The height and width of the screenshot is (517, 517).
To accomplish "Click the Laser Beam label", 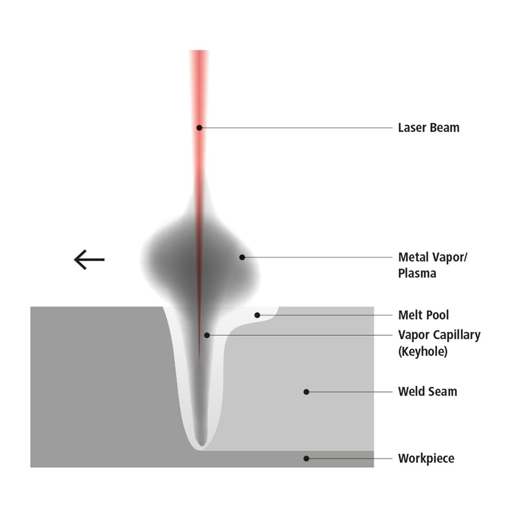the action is (428, 127).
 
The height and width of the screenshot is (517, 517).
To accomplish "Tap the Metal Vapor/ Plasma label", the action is (432, 265).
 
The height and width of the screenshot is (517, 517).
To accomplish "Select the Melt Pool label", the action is (423, 315).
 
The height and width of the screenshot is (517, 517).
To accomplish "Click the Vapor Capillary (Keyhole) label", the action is (439, 343).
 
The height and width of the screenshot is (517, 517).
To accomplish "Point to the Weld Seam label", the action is (427, 392).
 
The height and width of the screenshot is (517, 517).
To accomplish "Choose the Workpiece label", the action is (426, 458).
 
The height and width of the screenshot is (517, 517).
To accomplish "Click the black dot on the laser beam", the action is (199, 127).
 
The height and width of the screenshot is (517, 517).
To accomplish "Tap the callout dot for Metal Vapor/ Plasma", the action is (242, 257).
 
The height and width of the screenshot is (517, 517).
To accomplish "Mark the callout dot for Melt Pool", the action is (257, 315).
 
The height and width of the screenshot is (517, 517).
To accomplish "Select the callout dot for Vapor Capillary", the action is (207, 335).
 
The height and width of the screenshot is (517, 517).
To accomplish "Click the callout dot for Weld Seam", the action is (306, 392).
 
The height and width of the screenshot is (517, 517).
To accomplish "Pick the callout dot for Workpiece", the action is (306, 459).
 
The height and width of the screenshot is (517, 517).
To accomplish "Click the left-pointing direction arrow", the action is (89, 260).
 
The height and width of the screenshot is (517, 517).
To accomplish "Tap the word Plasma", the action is (417, 274).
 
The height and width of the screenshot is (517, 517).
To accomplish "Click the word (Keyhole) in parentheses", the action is (423, 352).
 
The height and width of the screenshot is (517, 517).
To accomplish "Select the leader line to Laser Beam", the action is (296, 127).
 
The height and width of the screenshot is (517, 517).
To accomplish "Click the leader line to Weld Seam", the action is (350, 392).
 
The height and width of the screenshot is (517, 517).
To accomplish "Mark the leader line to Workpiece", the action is (350, 459).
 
